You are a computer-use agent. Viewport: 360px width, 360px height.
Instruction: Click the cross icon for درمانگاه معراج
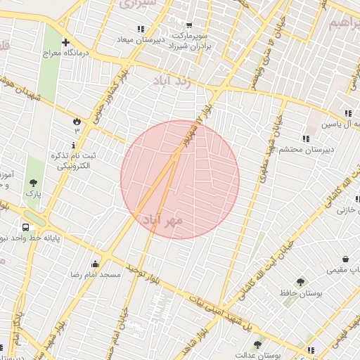[65, 42]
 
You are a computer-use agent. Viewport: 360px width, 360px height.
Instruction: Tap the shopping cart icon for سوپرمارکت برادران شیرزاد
[188, 25]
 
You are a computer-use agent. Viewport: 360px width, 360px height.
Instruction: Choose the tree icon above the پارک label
[32, 183]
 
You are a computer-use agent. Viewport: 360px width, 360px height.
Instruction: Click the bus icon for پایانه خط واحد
[26, 228]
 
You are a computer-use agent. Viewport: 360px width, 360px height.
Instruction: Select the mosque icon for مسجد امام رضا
[95, 264]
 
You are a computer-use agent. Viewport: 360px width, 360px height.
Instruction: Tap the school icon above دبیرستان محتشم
[304, 139]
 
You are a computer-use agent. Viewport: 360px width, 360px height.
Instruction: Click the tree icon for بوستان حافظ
[300, 282]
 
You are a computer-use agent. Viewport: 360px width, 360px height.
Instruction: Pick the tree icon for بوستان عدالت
[257, 345]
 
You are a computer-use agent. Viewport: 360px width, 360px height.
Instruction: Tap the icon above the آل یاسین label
[348, 113]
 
